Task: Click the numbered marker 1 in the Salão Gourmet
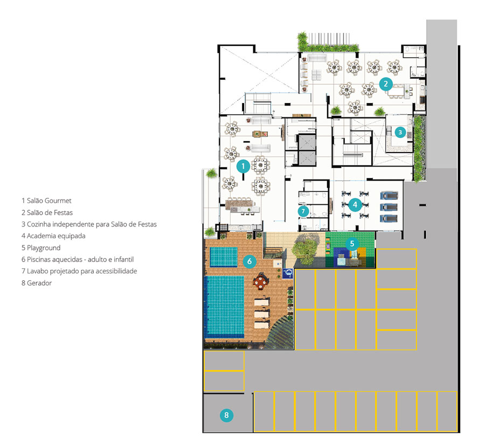243,167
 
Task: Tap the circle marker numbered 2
386,84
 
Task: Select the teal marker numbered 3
400,133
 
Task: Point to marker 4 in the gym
355,204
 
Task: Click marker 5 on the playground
352,244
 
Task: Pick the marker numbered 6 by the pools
250,262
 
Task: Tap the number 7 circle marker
303,211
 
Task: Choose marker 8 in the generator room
226,415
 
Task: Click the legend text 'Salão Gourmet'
49,201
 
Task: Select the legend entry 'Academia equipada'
56,236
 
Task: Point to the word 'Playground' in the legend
44,248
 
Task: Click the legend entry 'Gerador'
39,283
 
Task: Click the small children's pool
224,257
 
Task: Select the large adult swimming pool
224,307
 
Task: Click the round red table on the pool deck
261,281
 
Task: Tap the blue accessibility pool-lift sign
288,273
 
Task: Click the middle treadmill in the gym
389,207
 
